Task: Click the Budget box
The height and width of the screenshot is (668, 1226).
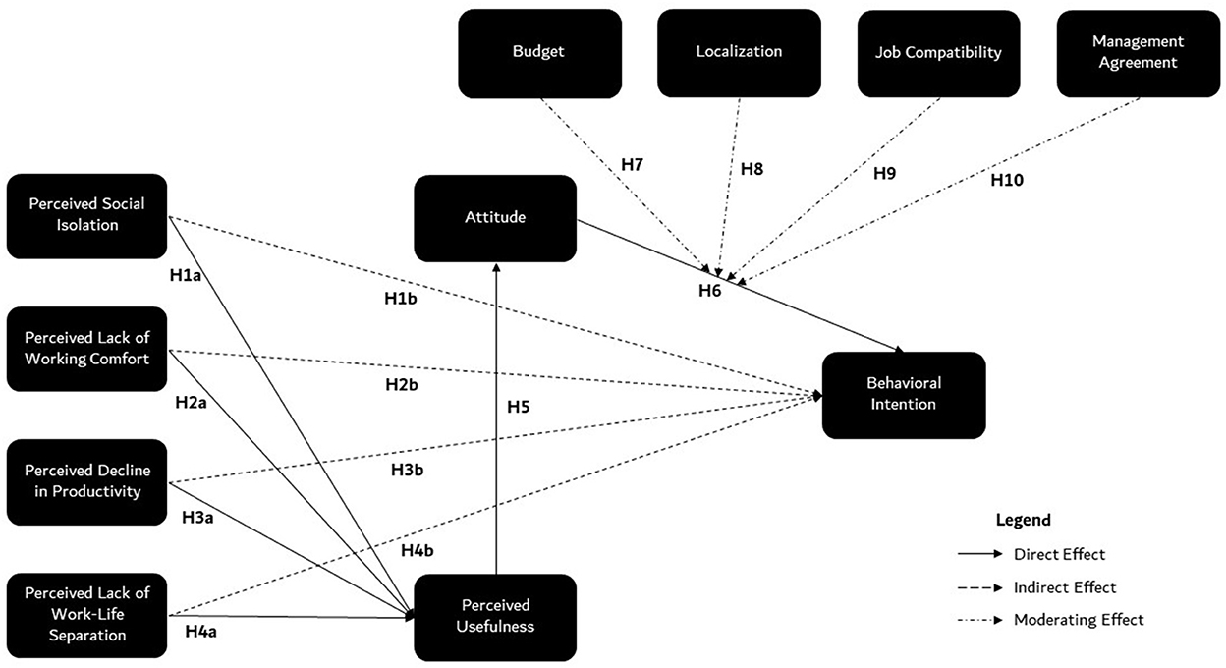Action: pyautogui.click(x=539, y=54)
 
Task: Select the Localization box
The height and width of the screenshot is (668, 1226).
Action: pyautogui.click(x=739, y=53)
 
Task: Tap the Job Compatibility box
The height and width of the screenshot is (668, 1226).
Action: pyautogui.click(x=939, y=54)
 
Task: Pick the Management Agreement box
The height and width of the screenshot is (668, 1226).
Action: pyautogui.click(x=1139, y=53)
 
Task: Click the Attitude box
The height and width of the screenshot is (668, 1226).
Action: pyautogui.click(x=495, y=218)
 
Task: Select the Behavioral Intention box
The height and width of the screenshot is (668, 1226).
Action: pyautogui.click(x=904, y=395)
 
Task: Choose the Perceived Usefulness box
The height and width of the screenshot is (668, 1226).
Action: pyautogui.click(x=495, y=617)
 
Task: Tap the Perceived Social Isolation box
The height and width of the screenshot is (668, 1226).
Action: pyautogui.click(x=87, y=216)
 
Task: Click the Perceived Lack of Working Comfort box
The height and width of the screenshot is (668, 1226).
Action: pyautogui.click(x=87, y=349)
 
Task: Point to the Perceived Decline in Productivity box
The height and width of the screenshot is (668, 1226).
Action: pyautogui.click(x=87, y=482)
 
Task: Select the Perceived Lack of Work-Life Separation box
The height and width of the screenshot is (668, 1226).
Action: pyautogui.click(x=87, y=616)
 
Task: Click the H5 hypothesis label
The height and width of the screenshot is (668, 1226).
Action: pyautogui.click(x=519, y=407)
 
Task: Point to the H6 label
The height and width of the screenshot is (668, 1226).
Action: pyautogui.click(x=710, y=291)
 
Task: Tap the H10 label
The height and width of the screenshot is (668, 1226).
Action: pyautogui.click(x=1007, y=180)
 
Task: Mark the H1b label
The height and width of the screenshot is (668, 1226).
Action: pyautogui.click(x=401, y=299)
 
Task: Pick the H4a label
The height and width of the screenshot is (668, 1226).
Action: pyautogui.click(x=200, y=632)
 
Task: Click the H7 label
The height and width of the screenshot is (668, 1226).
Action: pyautogui.click(x=633, y=164)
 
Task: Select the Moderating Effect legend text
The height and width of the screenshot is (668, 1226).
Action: pyautogui.click(x=1079, y=620)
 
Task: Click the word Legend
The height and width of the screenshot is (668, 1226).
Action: pyautogui.click(x=1024, y=520)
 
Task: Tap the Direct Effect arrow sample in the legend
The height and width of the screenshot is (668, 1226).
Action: pyautogui.click(x=980, y=554)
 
